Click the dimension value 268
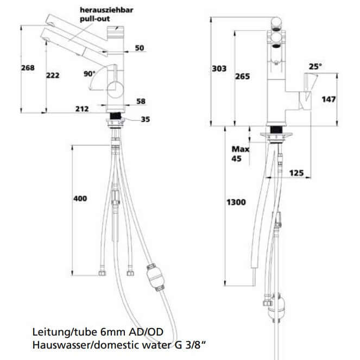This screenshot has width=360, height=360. click(x=28, y=68)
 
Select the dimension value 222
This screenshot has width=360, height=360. click(x=53, y=75)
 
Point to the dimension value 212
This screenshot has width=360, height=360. click(x=82, y=109)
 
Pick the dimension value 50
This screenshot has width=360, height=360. click(x=139, y=48)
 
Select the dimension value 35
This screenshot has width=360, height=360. click(x=146, y=119)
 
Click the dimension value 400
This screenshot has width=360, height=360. click(x=80, y=199)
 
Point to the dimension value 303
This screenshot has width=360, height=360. click(x=219, y=68)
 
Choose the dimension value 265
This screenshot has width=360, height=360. click(x=243, y=77)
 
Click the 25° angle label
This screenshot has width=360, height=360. click(x=315, y=66)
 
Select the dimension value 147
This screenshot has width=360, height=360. click(x=329, y=99)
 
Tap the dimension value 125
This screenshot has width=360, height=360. click(x=296, y=172)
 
